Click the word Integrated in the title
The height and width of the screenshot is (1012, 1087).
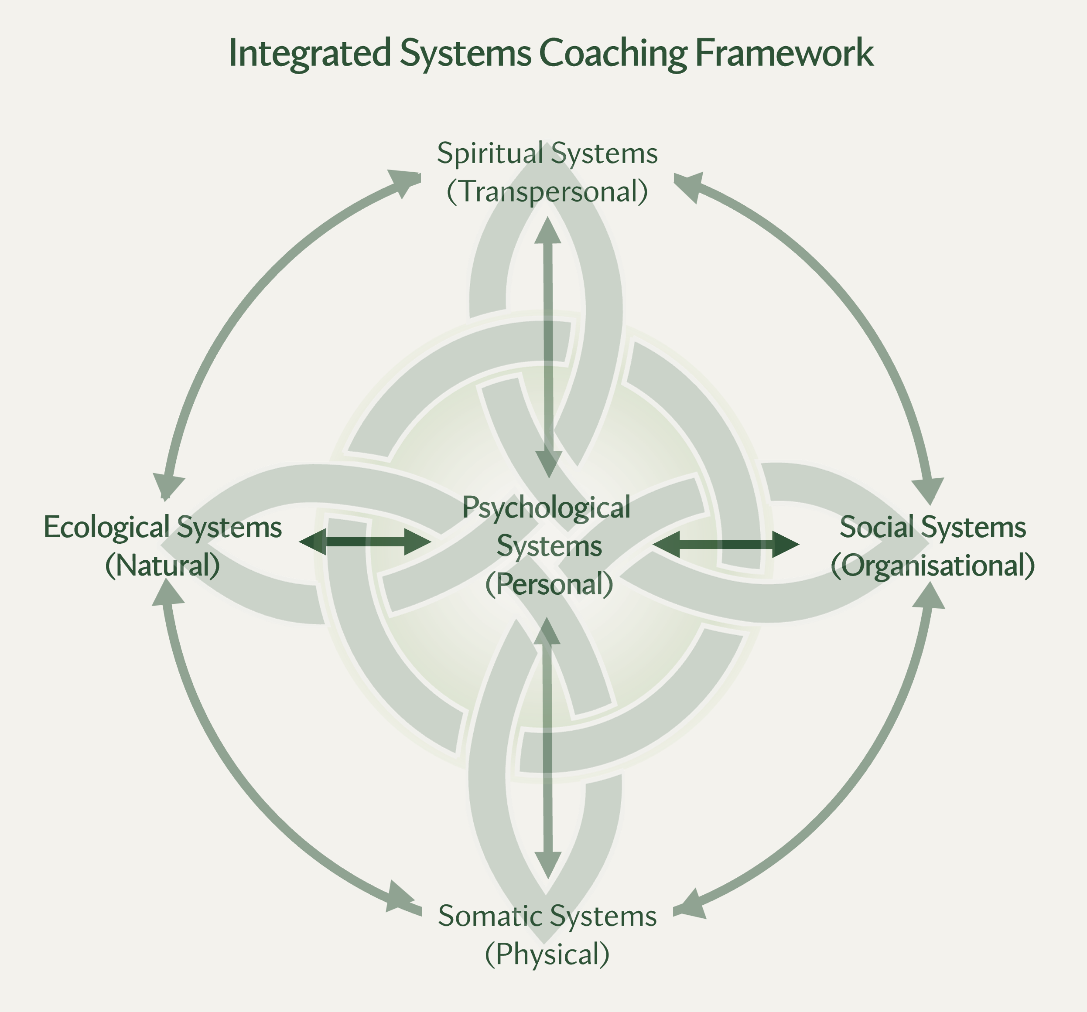(309, 54)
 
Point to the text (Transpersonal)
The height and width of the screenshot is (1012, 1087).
(547, 191)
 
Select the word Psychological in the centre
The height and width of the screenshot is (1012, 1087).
(546, 507)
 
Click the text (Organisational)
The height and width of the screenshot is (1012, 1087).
(932, 565)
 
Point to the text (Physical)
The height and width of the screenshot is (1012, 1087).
(547, 954)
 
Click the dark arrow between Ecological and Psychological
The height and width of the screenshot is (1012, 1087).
(365, 542)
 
